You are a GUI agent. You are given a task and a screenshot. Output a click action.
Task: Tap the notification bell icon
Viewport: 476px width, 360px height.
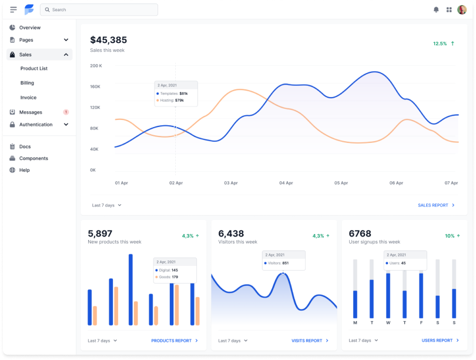tap(436, 10)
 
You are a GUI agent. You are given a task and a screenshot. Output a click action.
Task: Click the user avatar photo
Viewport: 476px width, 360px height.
tap(462, 10)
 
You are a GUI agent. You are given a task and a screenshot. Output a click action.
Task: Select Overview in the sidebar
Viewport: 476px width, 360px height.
tap(29, 28)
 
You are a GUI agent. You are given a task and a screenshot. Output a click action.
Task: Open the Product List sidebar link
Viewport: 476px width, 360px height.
tap(33, 68)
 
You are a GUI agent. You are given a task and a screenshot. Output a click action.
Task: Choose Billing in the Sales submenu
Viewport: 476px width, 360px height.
tap(27, 83)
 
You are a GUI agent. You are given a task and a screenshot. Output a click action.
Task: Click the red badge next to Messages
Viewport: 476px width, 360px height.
tap(66, 112)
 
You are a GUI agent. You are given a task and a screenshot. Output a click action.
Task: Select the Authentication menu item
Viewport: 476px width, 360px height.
tap(35, 125)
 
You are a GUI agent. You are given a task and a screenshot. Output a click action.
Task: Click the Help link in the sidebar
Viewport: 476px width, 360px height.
tap(24, 170)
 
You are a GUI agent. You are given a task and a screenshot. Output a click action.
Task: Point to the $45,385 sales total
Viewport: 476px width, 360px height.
tap(108, 40)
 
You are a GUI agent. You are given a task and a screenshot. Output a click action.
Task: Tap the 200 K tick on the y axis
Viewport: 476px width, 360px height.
tap(96, 65)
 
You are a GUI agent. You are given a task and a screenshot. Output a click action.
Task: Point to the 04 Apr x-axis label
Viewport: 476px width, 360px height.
tap(286, 183)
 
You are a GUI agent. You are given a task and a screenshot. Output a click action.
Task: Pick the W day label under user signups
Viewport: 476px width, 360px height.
tap(388, 323)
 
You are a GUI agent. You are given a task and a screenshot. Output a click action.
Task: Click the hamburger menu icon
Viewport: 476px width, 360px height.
tap(14, 10)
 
